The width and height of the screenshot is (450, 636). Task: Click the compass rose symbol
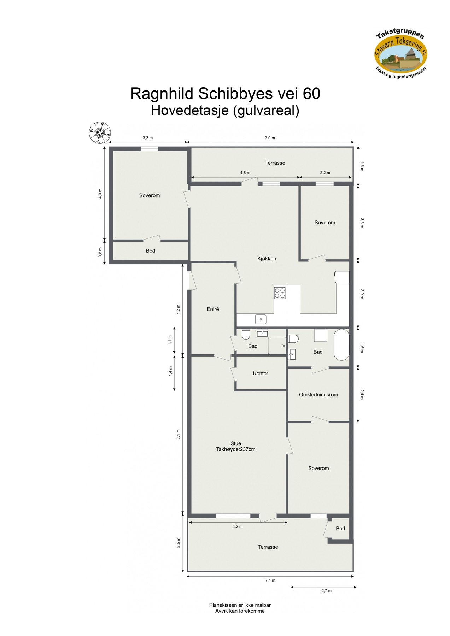[x=99, y=132]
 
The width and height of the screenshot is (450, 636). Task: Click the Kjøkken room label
[x=267, y=259]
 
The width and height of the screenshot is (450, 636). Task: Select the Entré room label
[x=213, y=309]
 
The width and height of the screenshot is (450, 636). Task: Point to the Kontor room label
[x=261, y=373]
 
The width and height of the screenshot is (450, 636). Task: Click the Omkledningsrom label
[x=318, y=395]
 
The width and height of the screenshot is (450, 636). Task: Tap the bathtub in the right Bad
[x=341, y=345]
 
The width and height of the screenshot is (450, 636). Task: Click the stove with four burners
[x=280, y=293]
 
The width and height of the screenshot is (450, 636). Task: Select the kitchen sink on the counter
[x=261, y=319]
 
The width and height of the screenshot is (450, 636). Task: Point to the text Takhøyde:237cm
[x=236, y=449]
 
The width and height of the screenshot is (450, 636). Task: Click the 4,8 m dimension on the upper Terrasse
[x=245, y=173]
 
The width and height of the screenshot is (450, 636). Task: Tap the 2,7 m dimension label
[x=326, y=591]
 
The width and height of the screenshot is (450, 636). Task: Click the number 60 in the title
[x=311, y=94]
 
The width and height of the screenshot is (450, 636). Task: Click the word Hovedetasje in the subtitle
[x=189, y=111]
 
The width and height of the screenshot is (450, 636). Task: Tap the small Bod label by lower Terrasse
[x=340, y=529]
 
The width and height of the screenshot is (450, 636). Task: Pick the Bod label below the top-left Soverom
[x=150, y=251]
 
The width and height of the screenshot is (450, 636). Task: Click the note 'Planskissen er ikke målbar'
[x=240, y=605]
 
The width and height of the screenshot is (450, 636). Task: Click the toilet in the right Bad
[x=293, y=339]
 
